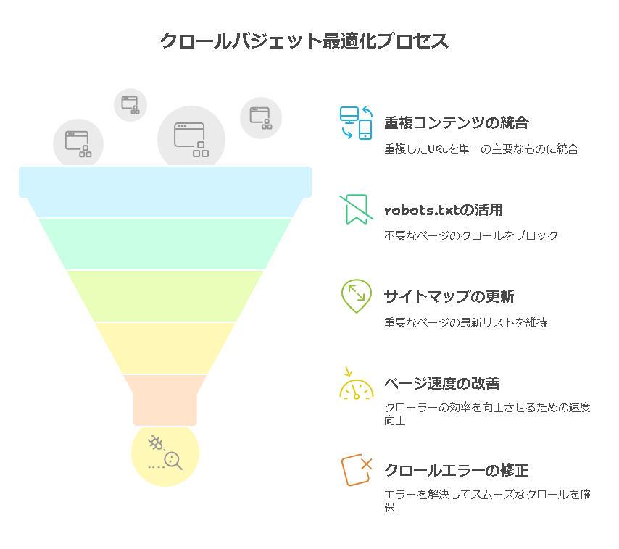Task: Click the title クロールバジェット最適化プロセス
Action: tap(304, 41)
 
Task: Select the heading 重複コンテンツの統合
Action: tap(456, 123)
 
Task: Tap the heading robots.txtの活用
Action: tap(443, 210)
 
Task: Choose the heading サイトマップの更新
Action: tap(449, 297)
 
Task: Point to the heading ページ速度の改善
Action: tap(441, 384)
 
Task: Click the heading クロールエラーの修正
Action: tap(456, 471)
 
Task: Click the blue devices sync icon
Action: tap(356, 122)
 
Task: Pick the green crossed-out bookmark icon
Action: tap(356, 209)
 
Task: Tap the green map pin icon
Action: tap(356, 296)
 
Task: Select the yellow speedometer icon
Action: tap(356, 384)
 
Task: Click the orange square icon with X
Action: tap(357, 470)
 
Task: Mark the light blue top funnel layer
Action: tap(165, 183)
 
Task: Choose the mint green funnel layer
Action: tap(165, 243)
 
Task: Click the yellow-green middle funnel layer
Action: tap(165, 296)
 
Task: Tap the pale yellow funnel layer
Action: tap(165, 348)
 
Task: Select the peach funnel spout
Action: tap(165, 400)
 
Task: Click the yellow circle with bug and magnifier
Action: tap(165, 453)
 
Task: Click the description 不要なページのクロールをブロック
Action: tap(471, 235)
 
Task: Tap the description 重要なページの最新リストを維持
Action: tap(465, 322)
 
